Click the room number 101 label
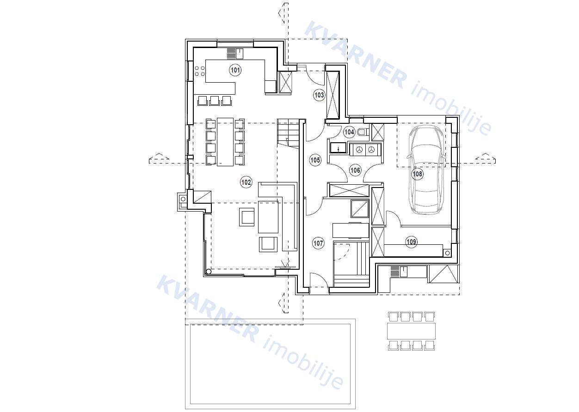pyautogui.click(x=235, y=70)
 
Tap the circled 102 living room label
pyautogui.click(x=246, y=182)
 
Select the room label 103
pyautogui.click(x=319, y=95)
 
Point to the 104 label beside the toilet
pyautogui.click(x=349, y=132)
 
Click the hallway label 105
pyautogui.click(x=315, y=160)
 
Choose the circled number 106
pyautogui.click(x=355, y=170)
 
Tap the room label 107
pyautogui.click(x=318, y=243)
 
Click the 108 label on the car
pyautogui.click(x=418, y=174)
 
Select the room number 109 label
pyautogui.click(x=412, y=242)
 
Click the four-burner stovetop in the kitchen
pyautogui.click(x=199, y=71)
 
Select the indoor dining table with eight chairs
pyautogui.click(x=225, y=141)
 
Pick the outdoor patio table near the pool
pyautogui.click(x=411, y=331)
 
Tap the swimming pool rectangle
pyautogui.click(x=271, y=364)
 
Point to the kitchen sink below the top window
pyautogui.click(x=240, y=54)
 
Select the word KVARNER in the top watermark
pyautogui.click(x=356, y=55)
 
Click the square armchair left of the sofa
pyautogui.click(x=247, y=217)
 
